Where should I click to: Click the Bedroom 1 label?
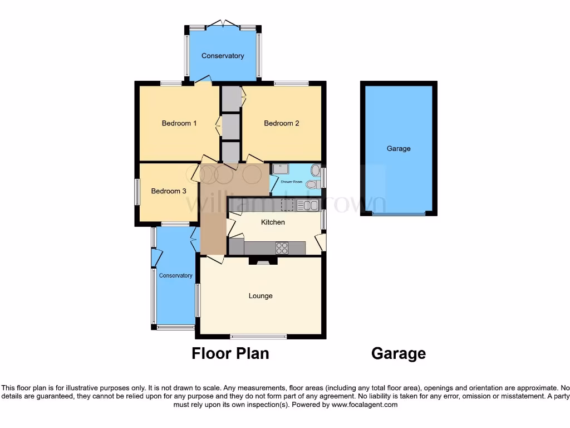click(x=179, y=123)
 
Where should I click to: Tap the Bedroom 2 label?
click(x=281, y=123)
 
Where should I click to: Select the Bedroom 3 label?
click(x=169, y=191)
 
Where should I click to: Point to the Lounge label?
click(x=261, y=296)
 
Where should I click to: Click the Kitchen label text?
click(x=273, y=222)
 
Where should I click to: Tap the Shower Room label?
click(x=291, y=182)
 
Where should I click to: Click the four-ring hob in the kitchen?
click(x=282, y=247)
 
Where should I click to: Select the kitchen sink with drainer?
click(x=306, y=206)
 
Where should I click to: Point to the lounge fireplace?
click(x=262, y=260)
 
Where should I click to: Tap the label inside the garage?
click(x=399, y=149)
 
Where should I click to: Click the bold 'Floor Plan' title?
click(x=230, y=353)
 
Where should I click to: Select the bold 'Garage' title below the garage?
click(x=399, y=353)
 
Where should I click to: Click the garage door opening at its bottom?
click(x=399, y=214)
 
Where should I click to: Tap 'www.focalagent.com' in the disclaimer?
click(x=365, y=405)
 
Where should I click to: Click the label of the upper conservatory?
click(x=223, y=56)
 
